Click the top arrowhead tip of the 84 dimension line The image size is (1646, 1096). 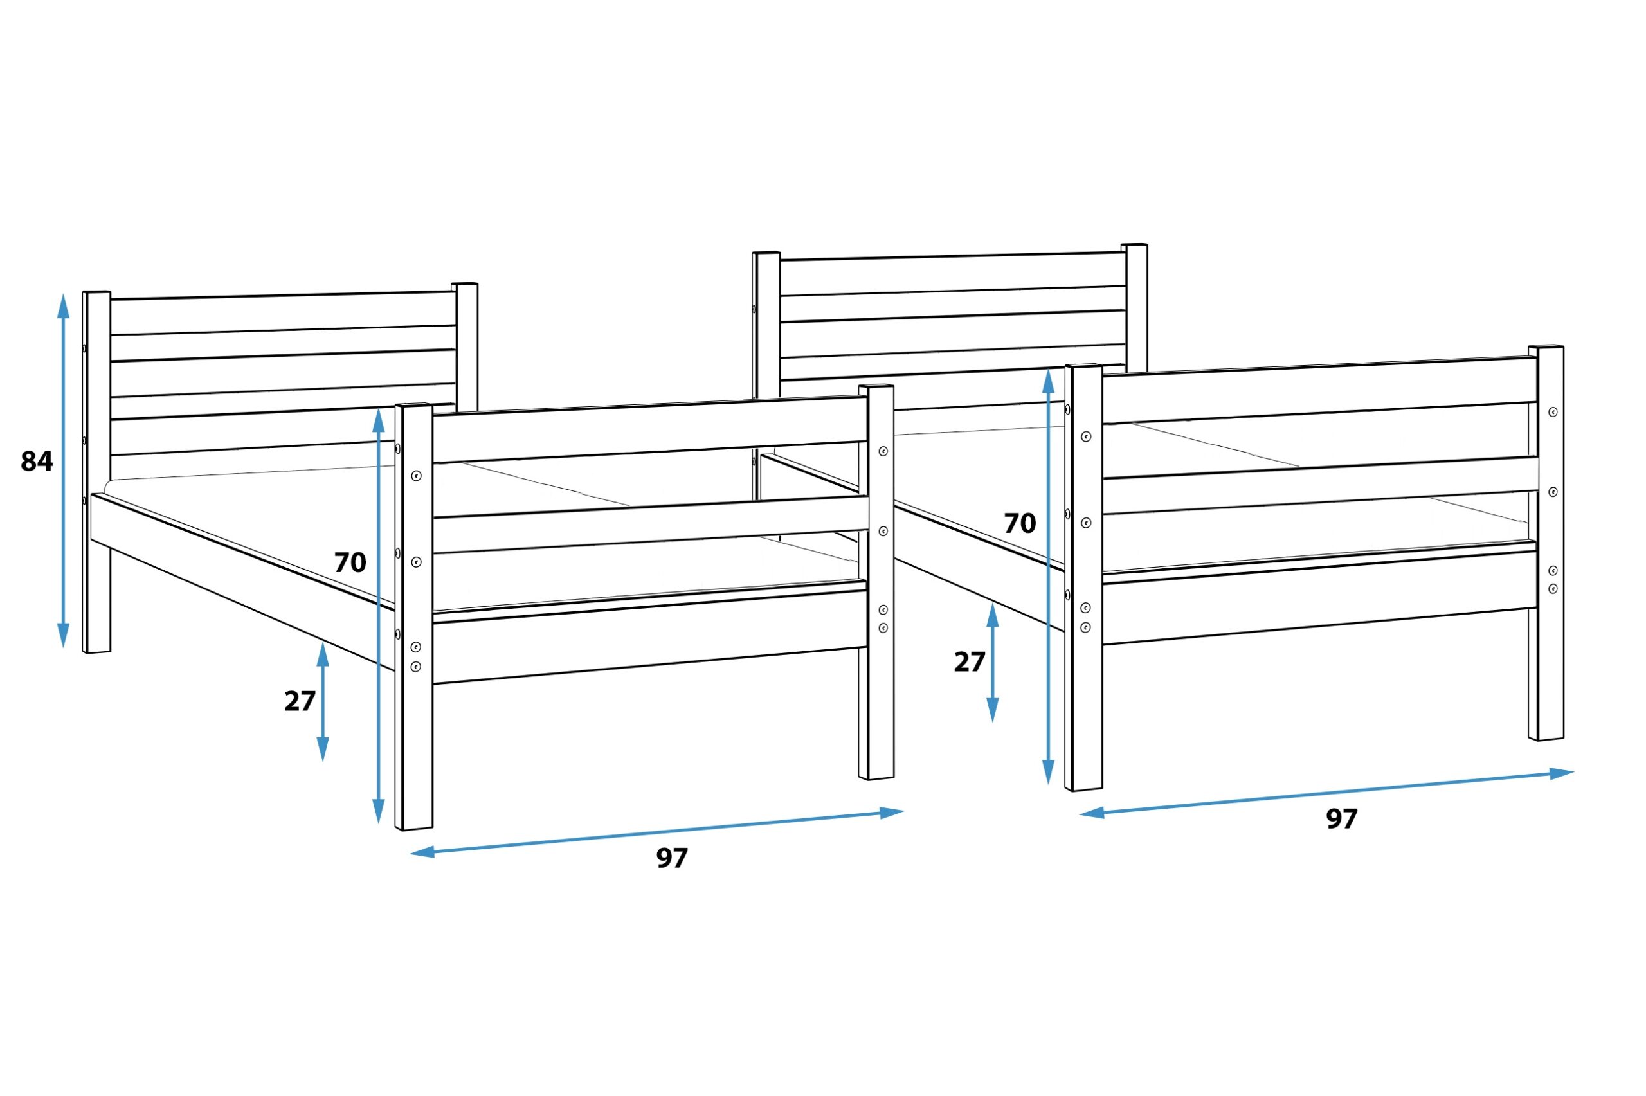click(64, 294)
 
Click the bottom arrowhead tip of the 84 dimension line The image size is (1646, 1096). click(64, 648)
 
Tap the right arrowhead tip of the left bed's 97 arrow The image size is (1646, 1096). click(905, 811)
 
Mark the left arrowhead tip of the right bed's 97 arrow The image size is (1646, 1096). click(1079, 814)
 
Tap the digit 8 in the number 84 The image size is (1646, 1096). click(29, 462)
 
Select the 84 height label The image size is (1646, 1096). click(37, 462)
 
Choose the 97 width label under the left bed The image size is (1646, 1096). click(673, 858)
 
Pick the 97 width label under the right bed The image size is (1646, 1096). click(1342, 819)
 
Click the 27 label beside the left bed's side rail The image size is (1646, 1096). click(300, 701)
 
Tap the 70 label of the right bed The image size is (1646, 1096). click(1020, 523)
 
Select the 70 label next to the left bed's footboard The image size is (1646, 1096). click(350, 562)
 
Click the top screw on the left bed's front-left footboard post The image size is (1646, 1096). click(416, 476)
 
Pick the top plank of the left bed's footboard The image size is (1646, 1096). click(650, 429)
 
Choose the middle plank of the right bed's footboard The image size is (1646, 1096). click(1320, 486)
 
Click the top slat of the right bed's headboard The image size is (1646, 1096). click(954, 274)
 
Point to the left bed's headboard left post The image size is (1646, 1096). click(97, 472)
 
